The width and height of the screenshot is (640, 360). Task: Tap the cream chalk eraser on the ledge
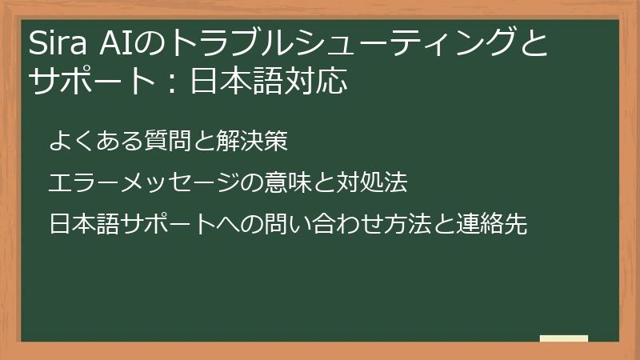point(563,338)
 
